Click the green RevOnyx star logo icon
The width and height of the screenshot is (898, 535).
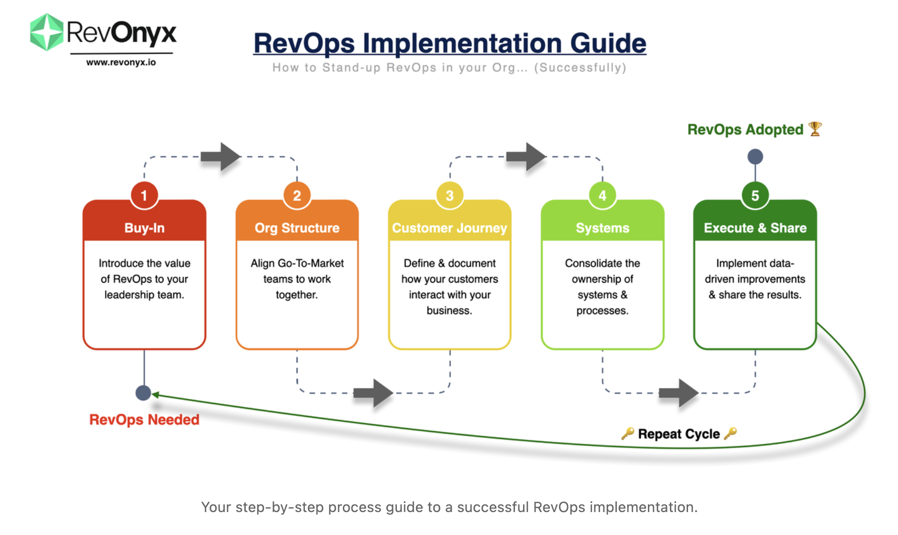(x=46, y=32)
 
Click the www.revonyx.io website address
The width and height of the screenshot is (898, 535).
(x=121, y=63)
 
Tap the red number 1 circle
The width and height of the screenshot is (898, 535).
(x=144, y=195)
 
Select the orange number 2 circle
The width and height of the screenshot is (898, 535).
(x=297, y=195)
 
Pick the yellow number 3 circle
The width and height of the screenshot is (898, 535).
(x=449, y=195)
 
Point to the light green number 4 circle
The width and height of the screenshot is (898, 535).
(x=602, y=195)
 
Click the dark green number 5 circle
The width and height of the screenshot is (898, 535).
(x=755, y=195)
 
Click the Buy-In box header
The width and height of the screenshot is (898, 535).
(x=144, y=228)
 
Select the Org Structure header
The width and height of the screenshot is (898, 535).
(x=297, y=228)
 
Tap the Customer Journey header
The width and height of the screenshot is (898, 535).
(x=449, y=228)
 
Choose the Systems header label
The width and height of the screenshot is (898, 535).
(x=602, y=228)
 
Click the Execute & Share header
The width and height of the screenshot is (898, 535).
(x=755, y=228)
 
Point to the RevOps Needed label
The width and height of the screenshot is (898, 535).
(x=144, y=419)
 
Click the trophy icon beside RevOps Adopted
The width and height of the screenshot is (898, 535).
(x=815, y=129)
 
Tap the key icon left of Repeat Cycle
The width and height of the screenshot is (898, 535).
(x=628, y=433)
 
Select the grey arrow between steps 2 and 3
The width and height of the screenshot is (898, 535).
(x=373, y=393)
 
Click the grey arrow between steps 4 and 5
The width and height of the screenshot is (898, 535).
(x=679, y=393)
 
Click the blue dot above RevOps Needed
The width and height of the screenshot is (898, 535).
(x=143, y=393)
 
